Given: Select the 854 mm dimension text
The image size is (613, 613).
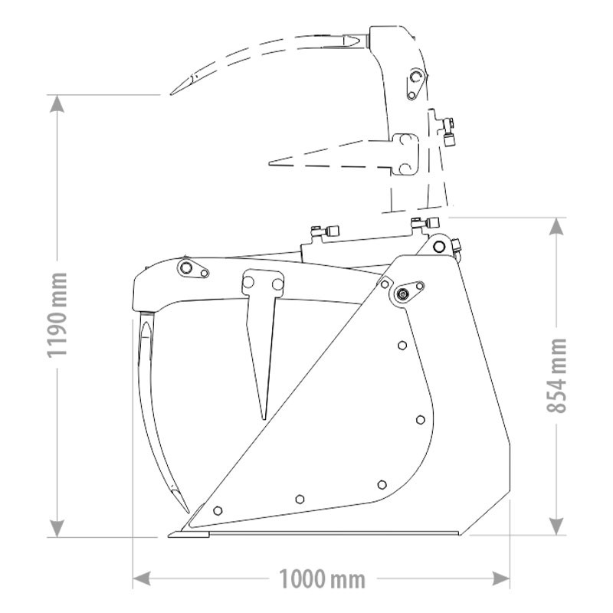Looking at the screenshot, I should click(x=557, y=375).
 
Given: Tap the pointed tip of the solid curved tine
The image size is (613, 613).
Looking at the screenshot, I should click(x=188, y=511).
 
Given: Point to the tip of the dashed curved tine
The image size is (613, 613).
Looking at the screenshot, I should click(x=170, y=93).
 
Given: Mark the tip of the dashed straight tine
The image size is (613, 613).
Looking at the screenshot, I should click(x=270, y=162).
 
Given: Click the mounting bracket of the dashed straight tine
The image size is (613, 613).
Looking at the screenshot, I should click(x=405, y=153).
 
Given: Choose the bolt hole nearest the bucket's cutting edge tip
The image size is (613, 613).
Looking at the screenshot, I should click(x=218, y=510).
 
